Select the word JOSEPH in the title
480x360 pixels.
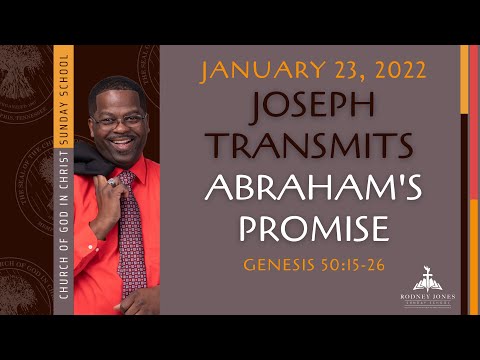pos(313,106)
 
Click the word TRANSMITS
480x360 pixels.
pos(313,145)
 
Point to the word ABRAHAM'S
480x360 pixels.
pos(313,187)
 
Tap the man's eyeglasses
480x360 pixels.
pos(121,119)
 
